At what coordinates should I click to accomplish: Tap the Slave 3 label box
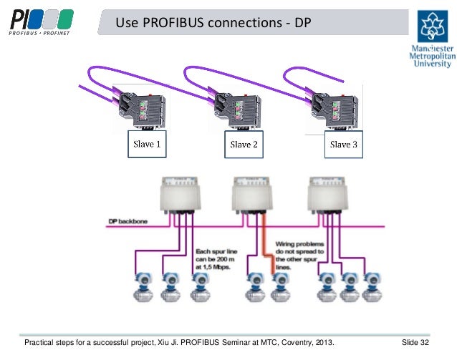click(341, 143)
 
